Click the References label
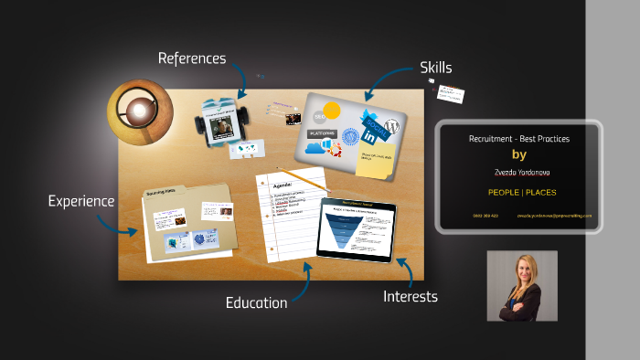191,58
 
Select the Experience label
81,201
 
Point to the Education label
256,302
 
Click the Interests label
410,296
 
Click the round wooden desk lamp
139,111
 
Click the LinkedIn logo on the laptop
369,135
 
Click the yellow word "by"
518,154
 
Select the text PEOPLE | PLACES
518,192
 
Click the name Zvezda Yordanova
518,171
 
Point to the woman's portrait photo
521,285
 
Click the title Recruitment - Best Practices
518,138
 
